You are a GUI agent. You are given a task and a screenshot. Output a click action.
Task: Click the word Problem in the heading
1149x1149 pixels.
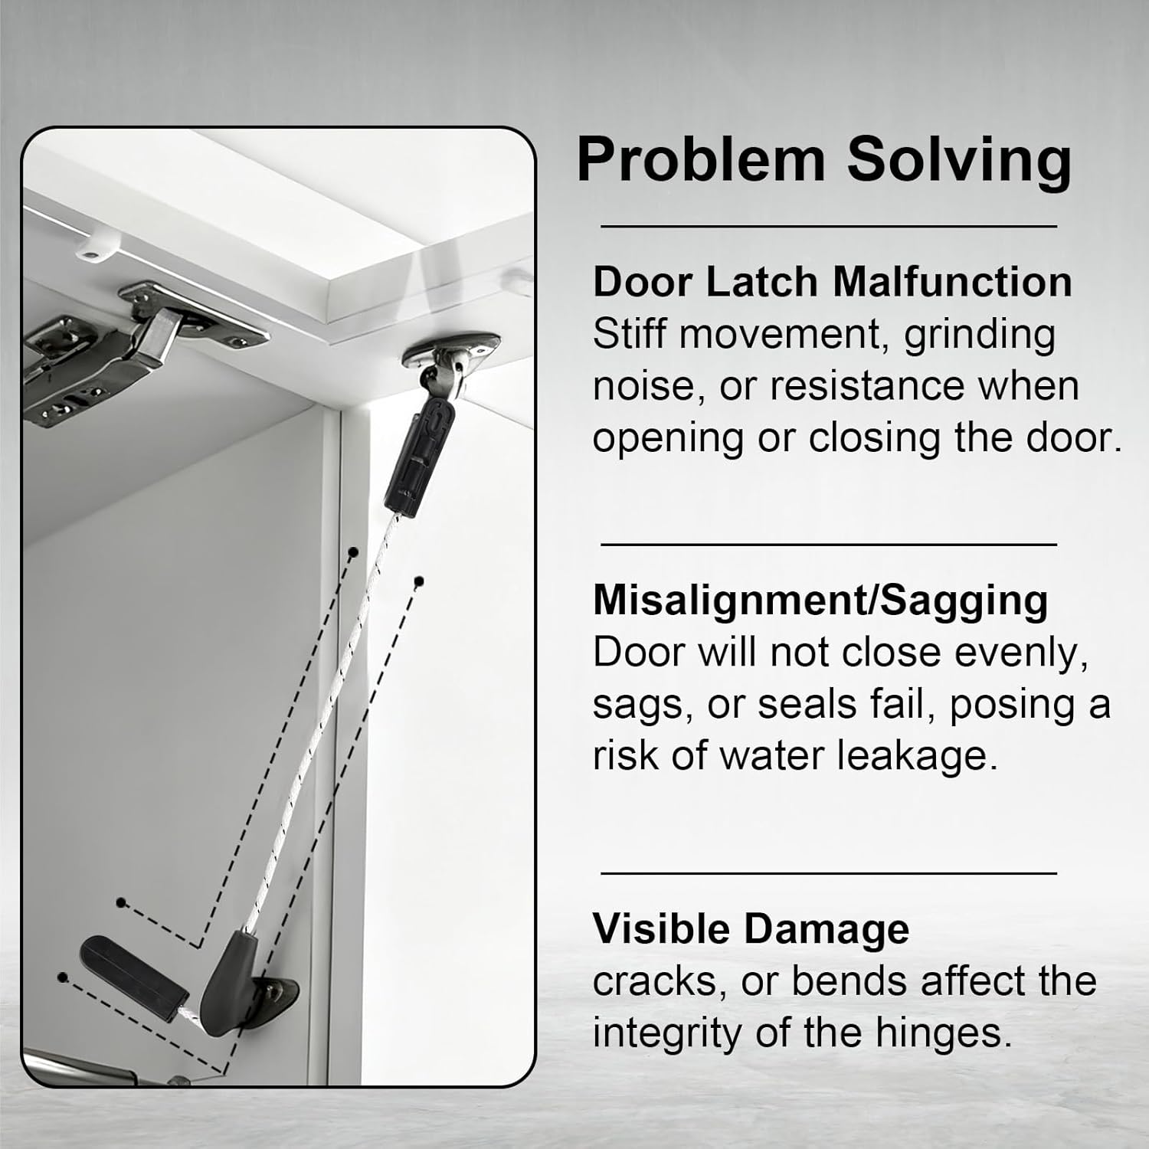click(701, 159)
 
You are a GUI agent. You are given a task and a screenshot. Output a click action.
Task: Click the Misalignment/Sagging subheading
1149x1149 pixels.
click(820, 601)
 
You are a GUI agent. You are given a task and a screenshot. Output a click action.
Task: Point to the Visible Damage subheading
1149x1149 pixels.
click(751, 929)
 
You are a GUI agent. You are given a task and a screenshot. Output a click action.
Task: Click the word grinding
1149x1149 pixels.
click(980, 336)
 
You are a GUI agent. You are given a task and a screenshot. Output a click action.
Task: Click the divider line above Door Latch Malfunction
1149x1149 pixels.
click(829, 227)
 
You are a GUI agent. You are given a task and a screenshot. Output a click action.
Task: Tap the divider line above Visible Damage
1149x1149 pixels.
click(829, 872)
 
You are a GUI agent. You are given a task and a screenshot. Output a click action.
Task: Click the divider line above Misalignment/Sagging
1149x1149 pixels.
click(829, 545)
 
